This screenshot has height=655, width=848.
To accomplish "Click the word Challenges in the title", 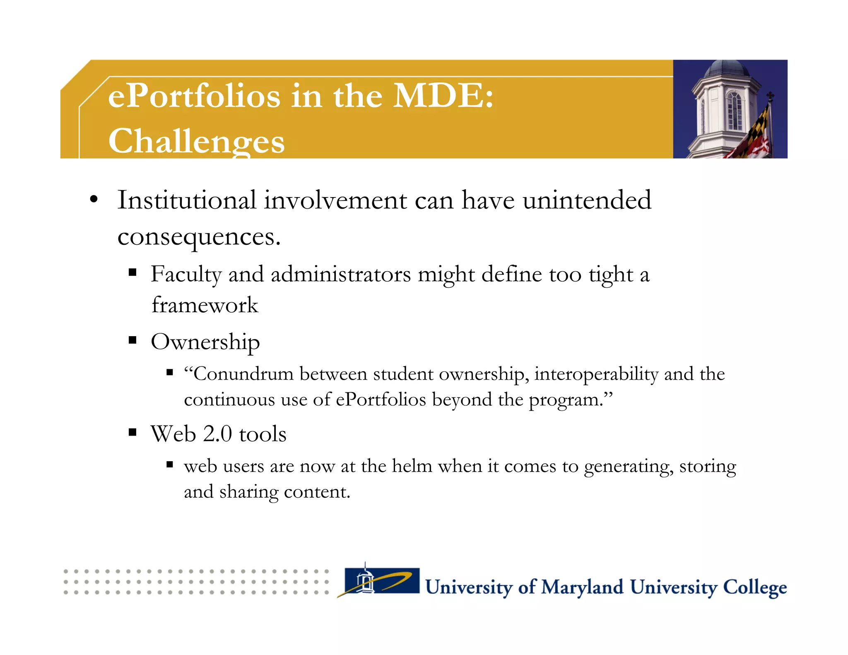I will pyautogui.click(x=196, y=141).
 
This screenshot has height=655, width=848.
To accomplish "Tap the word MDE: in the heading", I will pyautogui.click(x=443, y=96).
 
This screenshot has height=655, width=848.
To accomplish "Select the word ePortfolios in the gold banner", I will pyautogui.click(x=194, y=96).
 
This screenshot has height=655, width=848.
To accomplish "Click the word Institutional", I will pyautogui.click(x=187, y=200).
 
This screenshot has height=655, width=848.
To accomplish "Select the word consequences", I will pyautogui.click(x=199, y=237).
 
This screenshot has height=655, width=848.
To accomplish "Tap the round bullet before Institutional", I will pyautogui.click(x=94, y=199).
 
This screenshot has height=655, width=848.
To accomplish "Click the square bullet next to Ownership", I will pyautogui.click(x=132, y=340).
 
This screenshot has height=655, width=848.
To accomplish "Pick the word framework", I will pyautogui.click(x=205, y=305).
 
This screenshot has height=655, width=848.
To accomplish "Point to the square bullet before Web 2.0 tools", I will pyautogui.click(x=132, y=433).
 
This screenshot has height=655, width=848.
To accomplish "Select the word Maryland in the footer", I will pyautogui.click(x=582, y=587).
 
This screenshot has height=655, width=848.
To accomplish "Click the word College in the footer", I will pyautogui.click(x=754, y=587).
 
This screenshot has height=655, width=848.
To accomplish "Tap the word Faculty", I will pyautogui.click(x=186, y=275).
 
